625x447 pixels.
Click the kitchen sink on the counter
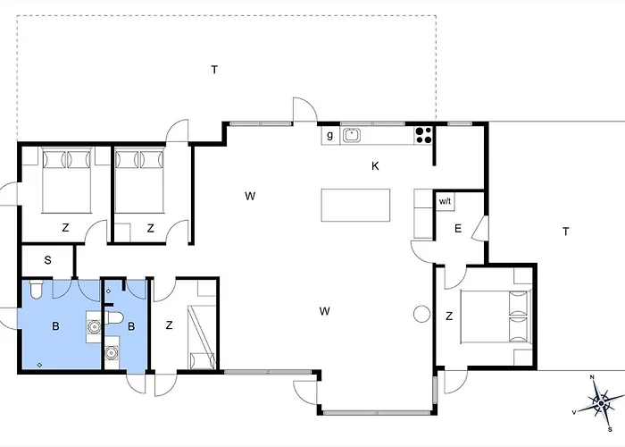pyautogui.click(x=351, y=135)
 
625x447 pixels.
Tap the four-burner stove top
pyautogui.click(x=423, y=135)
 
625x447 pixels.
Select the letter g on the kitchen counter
pyautogui.click(x=329, y=135)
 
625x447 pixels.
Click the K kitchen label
pyautogui.click(x=375, y=166)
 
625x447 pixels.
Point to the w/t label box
pyautogui.click(x=445, y=201)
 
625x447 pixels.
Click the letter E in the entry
pyautogui.click(x=458, y=229)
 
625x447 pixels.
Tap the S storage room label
pyautogui.click(x=48, y=260)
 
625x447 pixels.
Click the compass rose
pyautogui.click(x=601, y=403)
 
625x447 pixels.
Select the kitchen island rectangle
pyautogui.click(x=355, y=205)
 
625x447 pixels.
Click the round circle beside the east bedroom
pyautogui.click(x=421, y=314)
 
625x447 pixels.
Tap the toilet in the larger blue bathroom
pyautogui.click(x=36, y=290)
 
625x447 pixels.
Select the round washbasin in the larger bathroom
pyautogui.click(x=95, y=327)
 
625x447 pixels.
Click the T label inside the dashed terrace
pyautogui.click(x=214, y=70)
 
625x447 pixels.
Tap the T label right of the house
pyautogui.click(x=565, y=232)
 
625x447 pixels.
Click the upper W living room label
pyautogui.click(x=250, y=196)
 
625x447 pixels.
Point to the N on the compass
pyautogui.click(x=592, y=377)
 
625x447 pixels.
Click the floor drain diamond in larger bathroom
pyautogui.click(x=39, y=365)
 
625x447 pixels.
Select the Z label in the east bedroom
pyautogui.click(x=449, y=316)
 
